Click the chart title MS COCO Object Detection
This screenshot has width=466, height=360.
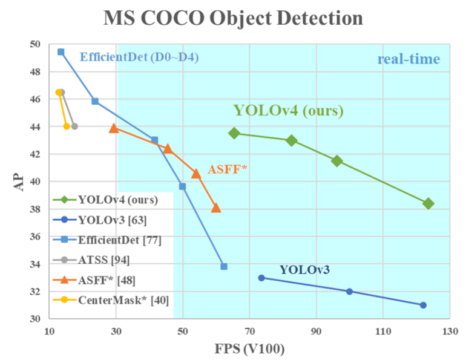pos(233,18)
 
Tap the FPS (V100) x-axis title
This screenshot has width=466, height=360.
pos(250,349)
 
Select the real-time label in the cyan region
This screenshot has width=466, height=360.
pos(409,59)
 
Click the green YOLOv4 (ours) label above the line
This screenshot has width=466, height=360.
pos(288,111)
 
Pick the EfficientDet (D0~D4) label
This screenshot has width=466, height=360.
pos(139,58)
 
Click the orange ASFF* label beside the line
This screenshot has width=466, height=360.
pos(227,169)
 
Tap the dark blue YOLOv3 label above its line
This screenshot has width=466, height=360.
pos(304,270)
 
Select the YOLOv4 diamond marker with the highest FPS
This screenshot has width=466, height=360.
pos(428,203)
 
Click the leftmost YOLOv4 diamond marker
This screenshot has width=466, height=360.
pos(234,133)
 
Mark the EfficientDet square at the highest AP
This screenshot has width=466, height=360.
pos(61,52)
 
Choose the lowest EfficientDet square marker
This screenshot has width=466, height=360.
pos(224,266)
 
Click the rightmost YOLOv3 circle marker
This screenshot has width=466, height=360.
pos(423,305)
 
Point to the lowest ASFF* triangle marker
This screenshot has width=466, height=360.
pos(216,208)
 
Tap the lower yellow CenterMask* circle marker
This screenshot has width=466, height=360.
pos(67,126)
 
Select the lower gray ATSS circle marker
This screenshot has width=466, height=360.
pos(74,126)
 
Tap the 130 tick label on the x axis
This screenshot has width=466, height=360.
pos(450,332)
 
